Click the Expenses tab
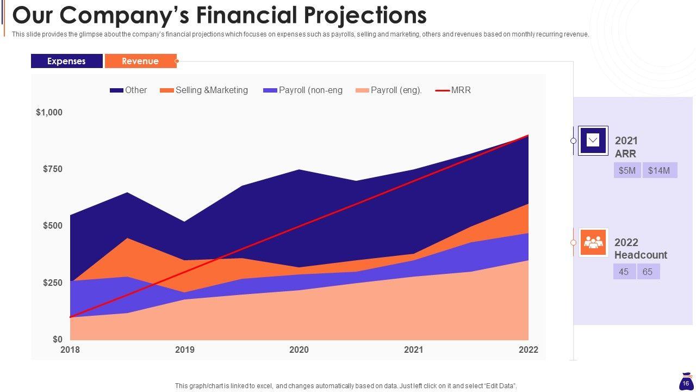coord(66,61)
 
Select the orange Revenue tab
coord(140,61)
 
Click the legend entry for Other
coord(129,90)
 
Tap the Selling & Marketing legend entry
coord(204,90)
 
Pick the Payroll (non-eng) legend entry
coord(303,90)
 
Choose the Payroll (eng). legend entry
coord(389,90)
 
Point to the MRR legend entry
coord(454,90)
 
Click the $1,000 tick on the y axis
coord(49,112)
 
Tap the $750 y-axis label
coord(53,169)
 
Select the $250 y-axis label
coord(53,283)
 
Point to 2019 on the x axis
coord(185,350)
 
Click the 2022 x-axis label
coord(529,350)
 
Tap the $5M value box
coord(627,170)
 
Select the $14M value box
coord(659,170)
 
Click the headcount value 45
coord(624,272)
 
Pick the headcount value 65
coord(648,272)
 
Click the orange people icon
coord(593,242)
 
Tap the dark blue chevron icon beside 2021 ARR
coord(593,140)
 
